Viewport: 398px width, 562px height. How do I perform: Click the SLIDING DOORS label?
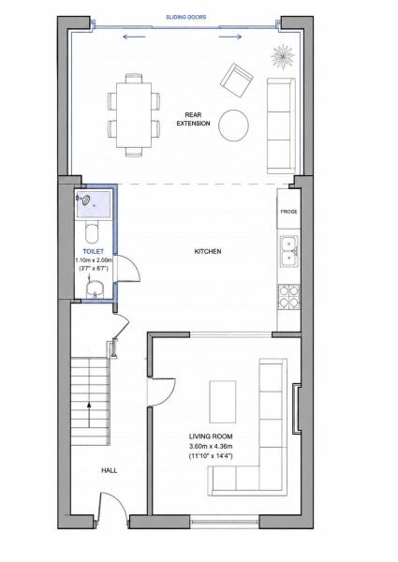pos(185,17)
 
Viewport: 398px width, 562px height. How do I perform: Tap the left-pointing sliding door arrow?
pos(134,37)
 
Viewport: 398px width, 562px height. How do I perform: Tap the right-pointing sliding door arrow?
pos(230,37)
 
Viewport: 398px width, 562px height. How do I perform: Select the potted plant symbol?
pos(283,56)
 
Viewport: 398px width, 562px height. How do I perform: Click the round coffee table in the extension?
pos(233,126)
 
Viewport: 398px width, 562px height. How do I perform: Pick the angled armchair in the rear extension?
pos(237,81)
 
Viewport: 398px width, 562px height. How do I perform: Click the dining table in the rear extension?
pos(134,115)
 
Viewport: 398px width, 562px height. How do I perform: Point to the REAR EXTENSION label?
pos(193,119)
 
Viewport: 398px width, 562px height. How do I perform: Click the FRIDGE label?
pos(288,212)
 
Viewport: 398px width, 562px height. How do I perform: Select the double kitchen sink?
pos(288,251)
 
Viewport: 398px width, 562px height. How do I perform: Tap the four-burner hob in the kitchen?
pos(288,296)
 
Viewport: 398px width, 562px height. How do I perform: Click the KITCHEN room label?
pos(208,252)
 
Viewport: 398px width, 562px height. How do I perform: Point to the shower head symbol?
pos(85,200)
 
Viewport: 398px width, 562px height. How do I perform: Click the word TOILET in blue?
pos(93,252)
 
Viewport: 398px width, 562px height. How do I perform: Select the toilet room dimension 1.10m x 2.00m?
pos(94,259)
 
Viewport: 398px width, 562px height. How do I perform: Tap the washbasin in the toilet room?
pos(95,288)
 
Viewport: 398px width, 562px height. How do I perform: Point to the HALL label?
pos(109,470)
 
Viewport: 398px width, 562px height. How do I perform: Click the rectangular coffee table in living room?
pos(223,402)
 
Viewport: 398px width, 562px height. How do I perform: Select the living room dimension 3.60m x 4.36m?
pos(211,446)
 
